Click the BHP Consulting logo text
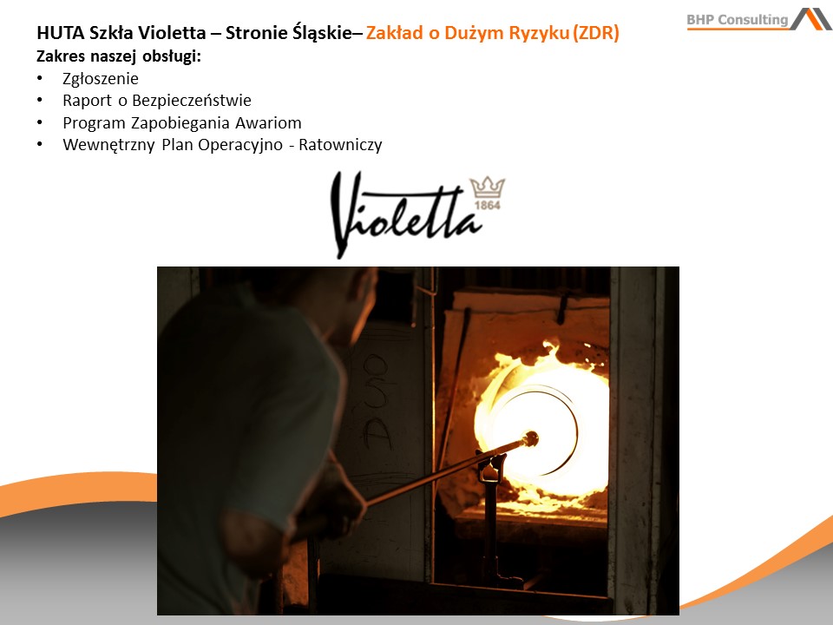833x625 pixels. point(738,20)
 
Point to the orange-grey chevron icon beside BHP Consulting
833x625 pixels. point(810,18)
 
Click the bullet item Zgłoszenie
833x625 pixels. point(101,79)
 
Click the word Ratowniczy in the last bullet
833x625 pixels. point(340,145)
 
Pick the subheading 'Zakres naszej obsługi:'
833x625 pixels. point(119,56)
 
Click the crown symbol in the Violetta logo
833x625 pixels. point(488,187)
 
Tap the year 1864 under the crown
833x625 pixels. point(487,205)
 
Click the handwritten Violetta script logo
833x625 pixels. point(406,214)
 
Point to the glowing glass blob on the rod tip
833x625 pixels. point(529,439)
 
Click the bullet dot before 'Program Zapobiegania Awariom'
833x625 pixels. point(40,122)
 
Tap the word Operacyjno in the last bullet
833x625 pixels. point(240,145)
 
